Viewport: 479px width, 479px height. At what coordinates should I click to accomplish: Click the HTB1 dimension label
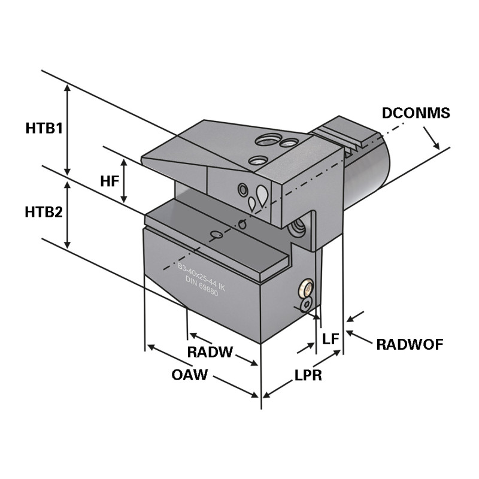(44, 128)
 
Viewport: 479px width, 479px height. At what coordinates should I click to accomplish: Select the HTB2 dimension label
(44, 212)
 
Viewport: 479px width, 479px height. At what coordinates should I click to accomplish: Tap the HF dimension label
(109, 180)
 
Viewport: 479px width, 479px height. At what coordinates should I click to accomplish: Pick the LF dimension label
(331, 339)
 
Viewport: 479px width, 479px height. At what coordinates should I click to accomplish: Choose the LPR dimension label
(308, 375)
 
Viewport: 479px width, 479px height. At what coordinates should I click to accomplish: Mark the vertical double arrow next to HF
(125, 180)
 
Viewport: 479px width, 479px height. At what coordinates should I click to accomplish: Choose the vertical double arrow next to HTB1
(68, 129)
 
